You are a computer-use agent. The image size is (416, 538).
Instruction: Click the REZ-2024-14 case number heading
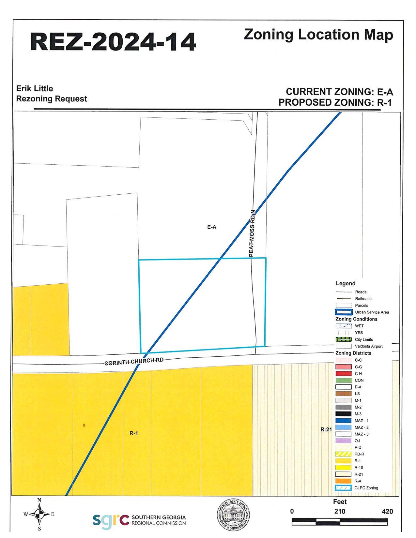coord(113,42)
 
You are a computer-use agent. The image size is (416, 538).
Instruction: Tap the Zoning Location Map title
coord(318,35)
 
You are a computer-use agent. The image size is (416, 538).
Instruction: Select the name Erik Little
coord(35,89)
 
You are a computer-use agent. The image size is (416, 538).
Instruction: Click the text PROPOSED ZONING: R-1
coord(335,102)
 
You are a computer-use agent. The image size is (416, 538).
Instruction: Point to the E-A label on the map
coord(212,227)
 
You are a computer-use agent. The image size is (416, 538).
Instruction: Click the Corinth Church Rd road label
coord(134,362)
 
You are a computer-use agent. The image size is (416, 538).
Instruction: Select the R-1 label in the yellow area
coord(134,433)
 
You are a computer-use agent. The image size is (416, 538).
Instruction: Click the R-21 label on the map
coord(326,429)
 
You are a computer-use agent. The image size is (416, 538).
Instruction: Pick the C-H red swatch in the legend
coord(344,374)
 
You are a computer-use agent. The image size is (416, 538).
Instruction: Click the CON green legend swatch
coord(344,380)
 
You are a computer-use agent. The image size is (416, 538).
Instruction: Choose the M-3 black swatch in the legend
coord(344,414)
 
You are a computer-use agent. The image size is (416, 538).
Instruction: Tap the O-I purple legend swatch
coord(344,441)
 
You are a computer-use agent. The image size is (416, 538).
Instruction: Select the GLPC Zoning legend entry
coord(344,488)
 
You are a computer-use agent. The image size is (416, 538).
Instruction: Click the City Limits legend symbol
coord(344,339)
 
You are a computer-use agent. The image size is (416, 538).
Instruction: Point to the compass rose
coord(39,515)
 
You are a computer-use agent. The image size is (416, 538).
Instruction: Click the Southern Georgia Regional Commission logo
coord(139,520)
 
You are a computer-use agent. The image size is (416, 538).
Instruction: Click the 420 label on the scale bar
coord(387,512)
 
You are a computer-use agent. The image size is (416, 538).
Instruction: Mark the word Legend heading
coord(346,284)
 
